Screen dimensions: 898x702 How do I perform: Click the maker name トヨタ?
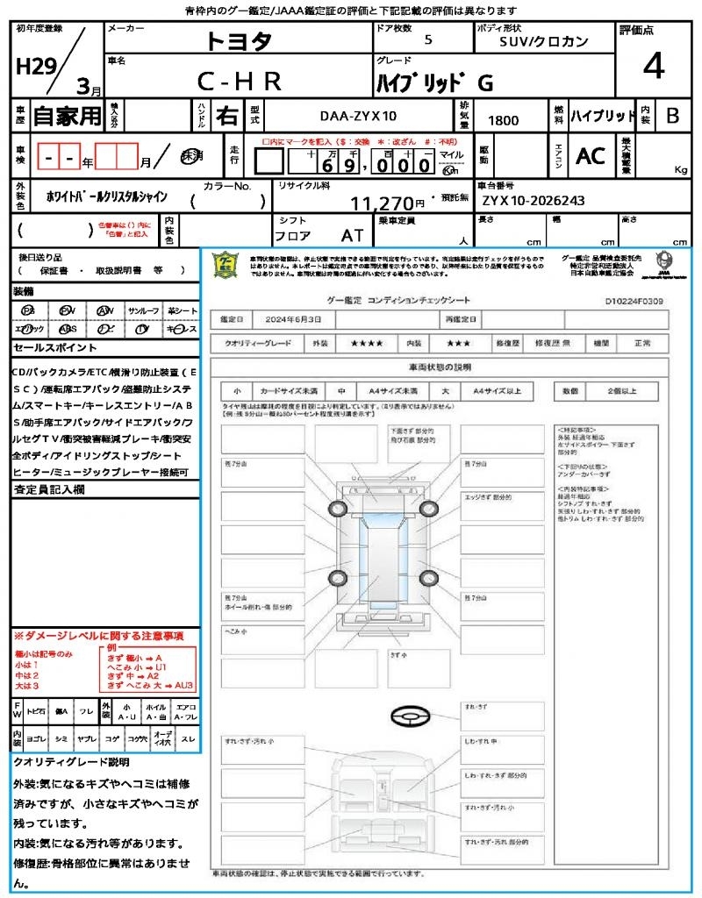pyautogui.click(x=239, y=40)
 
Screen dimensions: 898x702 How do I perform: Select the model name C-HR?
pyautogui.click(x=239, y=82)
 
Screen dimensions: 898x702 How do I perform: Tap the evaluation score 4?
pyautogui.click(x=652, y=67)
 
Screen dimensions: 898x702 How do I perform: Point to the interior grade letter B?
pyautogui.click(x=672, y=116)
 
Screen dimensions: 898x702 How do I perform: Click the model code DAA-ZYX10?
pyautogui.click(x=358, y=117)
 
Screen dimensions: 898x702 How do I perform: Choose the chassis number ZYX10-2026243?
pyautogui.click(x=533, y=201)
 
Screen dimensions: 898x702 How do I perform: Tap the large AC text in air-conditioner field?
pyautogui.click(x=591, y=156)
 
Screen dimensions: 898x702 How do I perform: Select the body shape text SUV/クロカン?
pyautogui.click(x=544, y=40)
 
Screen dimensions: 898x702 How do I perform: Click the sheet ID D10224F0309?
pyautogui.click(x=634, y=301)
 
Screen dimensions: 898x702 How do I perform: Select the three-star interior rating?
pyautogui.click(x=461, y=345)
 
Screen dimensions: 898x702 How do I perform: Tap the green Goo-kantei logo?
pyautogui.click(x=226, y=266)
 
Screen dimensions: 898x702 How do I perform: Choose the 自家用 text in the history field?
pyautogui.click(x=67, y=116)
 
